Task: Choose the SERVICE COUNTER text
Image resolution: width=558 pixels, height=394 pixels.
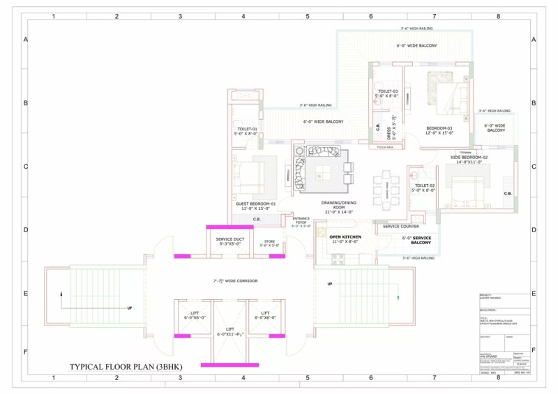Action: pos(401,227)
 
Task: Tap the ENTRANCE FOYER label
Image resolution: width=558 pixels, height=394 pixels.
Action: pos(300,222)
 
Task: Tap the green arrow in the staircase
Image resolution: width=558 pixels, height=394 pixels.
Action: pos(398,298)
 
